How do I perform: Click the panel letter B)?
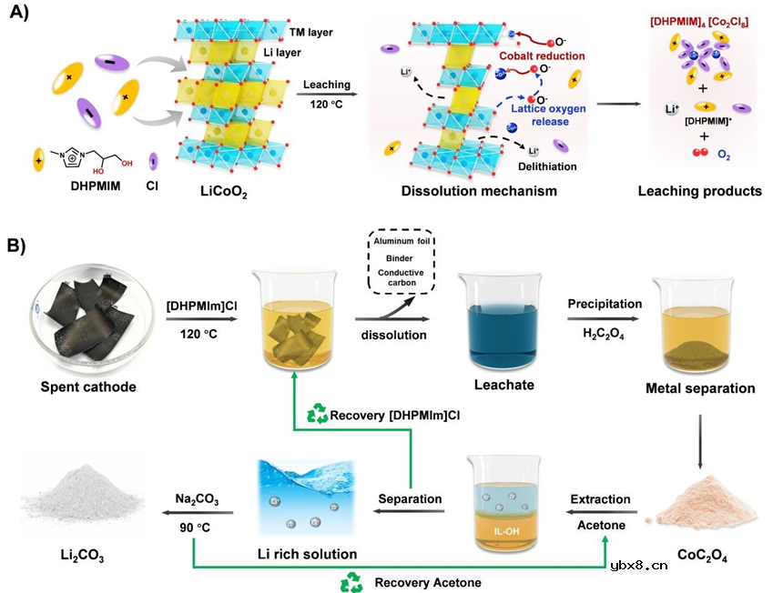pos(19,245)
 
